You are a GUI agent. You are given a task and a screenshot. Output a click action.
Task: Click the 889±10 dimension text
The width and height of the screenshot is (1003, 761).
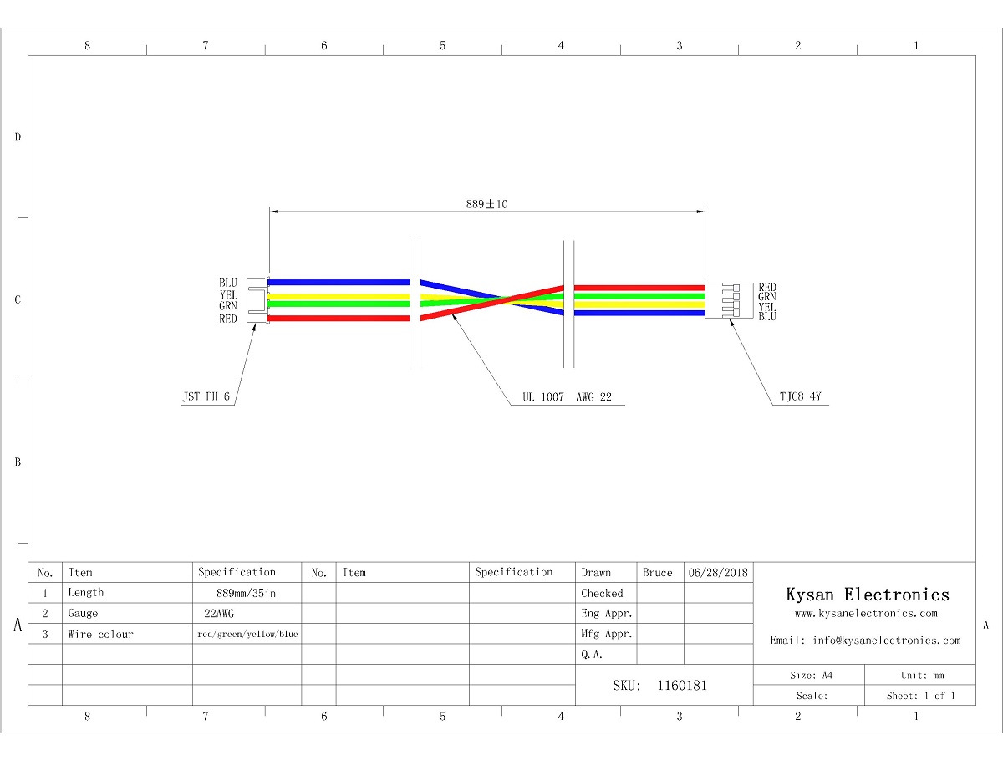pyautogui.click(x=486, y=204)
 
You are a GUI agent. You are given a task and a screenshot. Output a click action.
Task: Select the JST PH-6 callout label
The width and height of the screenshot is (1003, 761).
pyautogui.click(x=206, y=396)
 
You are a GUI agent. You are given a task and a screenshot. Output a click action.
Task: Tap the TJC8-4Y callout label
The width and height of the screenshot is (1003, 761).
pyautogui.click(x=801, y=396)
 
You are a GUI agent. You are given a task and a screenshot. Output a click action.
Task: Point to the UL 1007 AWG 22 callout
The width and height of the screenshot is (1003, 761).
pyautogui.click(x=567, y=396)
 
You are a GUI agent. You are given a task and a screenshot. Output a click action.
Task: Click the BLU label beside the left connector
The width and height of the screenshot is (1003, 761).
pyautogui.click(x=228, y=283)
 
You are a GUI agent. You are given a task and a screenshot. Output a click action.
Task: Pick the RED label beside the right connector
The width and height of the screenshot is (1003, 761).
pyautogui.click(x=767, y=287)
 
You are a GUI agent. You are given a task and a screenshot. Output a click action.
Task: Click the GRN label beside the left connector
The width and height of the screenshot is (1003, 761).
pyautogui.click(x=228, y=305)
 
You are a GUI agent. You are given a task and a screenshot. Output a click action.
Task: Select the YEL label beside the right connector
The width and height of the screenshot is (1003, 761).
pyautogui.click(x=767, y=307)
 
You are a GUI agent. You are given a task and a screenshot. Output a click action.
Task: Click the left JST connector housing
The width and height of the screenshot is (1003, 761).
pyautogui.click(x=257, y=300)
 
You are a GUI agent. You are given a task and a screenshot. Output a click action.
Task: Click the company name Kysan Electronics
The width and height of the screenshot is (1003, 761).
pyautogui.click(x=868, y=595)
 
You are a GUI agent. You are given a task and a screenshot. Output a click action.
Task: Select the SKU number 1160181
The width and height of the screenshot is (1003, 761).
pyautogui.click(x=682, y=685)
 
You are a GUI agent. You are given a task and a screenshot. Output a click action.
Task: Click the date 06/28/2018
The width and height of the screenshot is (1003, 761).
pyautogui.click(x=718, y=572)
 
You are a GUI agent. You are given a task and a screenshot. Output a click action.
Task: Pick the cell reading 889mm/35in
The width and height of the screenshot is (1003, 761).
pyautogui.click(x=246, y=593)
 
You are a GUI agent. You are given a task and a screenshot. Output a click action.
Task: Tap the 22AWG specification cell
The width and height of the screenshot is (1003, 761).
pyautogui.click(x=219, y=613)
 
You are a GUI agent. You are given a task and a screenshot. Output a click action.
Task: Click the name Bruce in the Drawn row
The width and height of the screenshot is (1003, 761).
pyautogui.click(x=657, y=572)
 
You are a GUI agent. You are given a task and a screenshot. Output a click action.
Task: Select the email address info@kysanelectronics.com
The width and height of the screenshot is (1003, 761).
pyautogui.click(x=887, y=640)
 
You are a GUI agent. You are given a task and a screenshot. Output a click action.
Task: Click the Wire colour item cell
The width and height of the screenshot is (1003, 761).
pyautogui.click(x=100, y=634)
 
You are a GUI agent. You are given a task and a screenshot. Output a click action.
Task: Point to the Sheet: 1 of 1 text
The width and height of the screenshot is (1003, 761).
pyautogui.click(x=920, y=696)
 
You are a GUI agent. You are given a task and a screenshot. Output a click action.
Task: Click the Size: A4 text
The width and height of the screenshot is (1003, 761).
pyautogui.click(x=811, y=675)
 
